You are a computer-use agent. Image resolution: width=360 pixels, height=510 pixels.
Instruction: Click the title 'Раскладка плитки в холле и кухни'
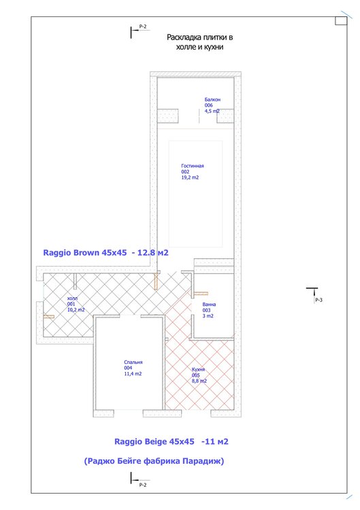pyautogui.click(x=199, y=42)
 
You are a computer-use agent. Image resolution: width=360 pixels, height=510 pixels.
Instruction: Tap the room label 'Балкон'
pyautogui.click(x=212, y=99)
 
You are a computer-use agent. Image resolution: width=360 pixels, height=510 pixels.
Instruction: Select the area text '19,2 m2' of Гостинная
pyautogui.click(x=190, y=177)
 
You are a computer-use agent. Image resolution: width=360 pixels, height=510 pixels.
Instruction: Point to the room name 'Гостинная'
pyautogui.click(x=193, y=166)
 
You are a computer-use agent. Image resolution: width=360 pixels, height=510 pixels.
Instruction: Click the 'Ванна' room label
pyautogui.click(x=209, y=305)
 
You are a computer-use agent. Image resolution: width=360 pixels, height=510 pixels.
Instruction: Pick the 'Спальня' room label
pyautogui.click(x=133, y=362)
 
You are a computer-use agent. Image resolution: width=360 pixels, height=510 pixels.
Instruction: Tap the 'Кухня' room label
pyautogui.click(x=198, y=369)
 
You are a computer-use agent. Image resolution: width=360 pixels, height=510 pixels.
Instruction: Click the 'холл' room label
pyautogui.click(x=72, y=299)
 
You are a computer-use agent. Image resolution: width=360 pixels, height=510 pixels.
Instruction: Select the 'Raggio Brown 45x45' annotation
pyautogui.click(x=85, y=253)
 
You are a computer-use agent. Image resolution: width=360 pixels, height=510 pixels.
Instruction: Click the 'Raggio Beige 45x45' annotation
pyautogui.click(x=154, y=441)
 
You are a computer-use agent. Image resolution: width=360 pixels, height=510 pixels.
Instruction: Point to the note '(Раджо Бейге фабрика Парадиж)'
pyautogui.click(x=154, y=461)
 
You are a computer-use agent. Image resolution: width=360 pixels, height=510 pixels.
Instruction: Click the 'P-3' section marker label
pyautogui.click(x=318, y=300)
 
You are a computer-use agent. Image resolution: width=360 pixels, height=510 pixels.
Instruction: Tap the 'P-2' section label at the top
pyautogui.click(x=143, y=27)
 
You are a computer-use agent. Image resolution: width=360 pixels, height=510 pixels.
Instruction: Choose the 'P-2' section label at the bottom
pyautogui.click(x=143, y=485)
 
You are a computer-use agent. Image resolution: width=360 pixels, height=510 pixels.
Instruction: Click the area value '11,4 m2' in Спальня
pyautogui.click(x=133, y=374)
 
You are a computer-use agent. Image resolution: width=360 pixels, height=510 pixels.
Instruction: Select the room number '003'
pyautogui.click(x=206, y=310)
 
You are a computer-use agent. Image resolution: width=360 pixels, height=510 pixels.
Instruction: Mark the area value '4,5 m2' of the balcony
pyautogui.click(x=212, y=112)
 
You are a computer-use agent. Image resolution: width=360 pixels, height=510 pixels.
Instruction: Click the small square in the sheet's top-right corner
pyautogui.click(x=341, y=21)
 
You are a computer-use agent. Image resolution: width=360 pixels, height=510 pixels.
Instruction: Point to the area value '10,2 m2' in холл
pyautogui.click(x=76, y=310)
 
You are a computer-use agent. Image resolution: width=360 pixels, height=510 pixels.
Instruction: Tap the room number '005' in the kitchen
pyautogui.click(x=195, y=375)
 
